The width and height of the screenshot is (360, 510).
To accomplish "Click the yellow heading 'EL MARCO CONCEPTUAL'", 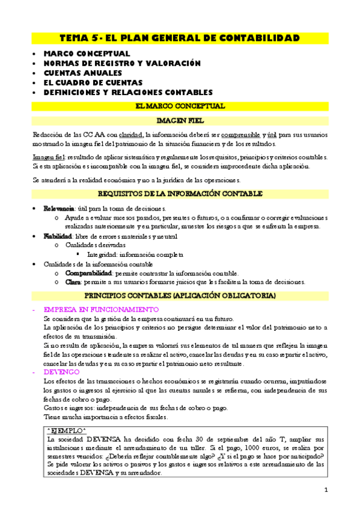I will tap(180, 106).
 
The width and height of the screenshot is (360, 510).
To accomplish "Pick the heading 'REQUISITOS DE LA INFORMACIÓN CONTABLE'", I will tap(180, 194).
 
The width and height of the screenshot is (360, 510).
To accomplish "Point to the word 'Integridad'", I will tap(102, 254).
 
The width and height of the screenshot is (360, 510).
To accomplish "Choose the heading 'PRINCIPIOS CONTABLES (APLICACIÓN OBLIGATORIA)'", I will tap(180, 296).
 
